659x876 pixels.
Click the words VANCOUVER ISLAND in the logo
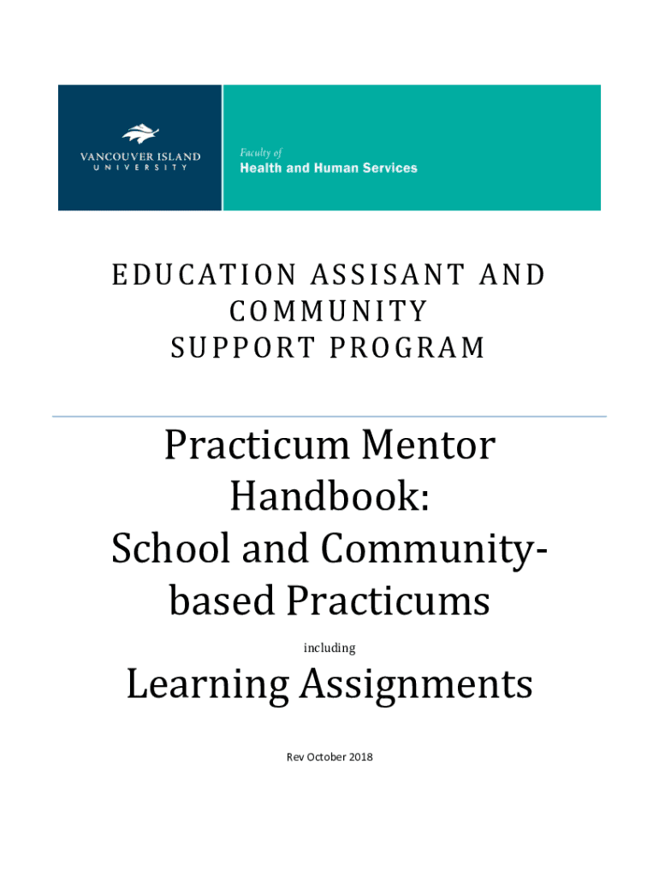pos(140,157)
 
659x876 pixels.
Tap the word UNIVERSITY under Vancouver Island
pos(140,168)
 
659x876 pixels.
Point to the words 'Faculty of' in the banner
pos(259,152)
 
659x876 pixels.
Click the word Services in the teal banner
pos(389,169)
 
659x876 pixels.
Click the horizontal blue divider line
pos(329,417)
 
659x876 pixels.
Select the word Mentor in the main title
pos(428,447)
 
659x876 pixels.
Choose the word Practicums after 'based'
pos(388,602)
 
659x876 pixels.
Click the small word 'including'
pos(329,648)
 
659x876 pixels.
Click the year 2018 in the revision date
pos(359,757)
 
